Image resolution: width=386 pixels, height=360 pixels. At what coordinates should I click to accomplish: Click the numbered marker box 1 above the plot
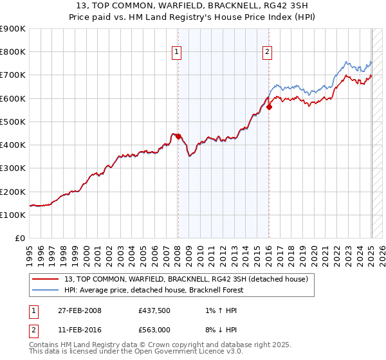pyautogui.click(x=176, y=53)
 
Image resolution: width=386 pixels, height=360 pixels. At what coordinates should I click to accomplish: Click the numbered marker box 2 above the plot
pyautogui.click(x=267, y=53)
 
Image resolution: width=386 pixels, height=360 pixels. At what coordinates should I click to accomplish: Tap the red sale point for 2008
pyautogui.click(x=178, y=136)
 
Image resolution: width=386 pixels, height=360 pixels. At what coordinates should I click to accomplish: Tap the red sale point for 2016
pyautogui.click(x=269, y=107)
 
